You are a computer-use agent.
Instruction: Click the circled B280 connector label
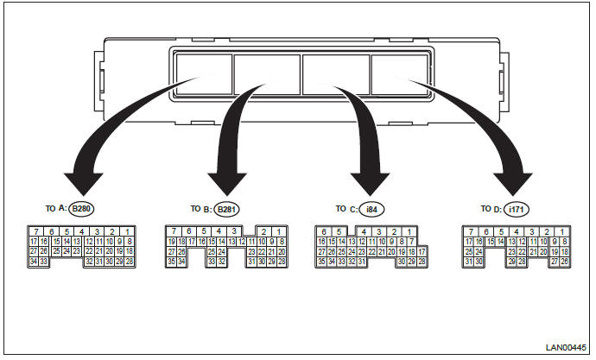pyautogui.click(x=83, y=209)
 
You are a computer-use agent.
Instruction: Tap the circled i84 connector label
pyautogui.click(x=371, y=209)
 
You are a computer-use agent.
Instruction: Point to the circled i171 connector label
pyautogui.click(x=517, y=209)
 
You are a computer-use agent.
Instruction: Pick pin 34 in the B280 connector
pyautogui.click(x=33, y=261)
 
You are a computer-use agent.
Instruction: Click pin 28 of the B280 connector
pyautogui.click(x=130, y=261)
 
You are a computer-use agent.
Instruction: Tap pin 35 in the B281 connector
pyautogui.click(x=171, y=261)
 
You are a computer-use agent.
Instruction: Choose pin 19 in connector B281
pyautogui.click(x=171, y=242)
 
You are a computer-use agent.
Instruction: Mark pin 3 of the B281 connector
pyautogui.click(x=236, y=231)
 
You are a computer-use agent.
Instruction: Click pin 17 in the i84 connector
pyautogui.click(x=422, y=251)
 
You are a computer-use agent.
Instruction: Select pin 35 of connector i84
pyautogui.click(x=321, y=261)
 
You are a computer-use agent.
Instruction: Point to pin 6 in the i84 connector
pyautogui.click(x=325, y=231)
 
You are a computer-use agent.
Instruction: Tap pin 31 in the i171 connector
pyautogui.click(x=468, y=261)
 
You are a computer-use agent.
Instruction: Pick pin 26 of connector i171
pyautogui.click(x=565, y=261)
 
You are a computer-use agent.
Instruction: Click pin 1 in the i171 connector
pyautogui.click(x=563, y=231)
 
